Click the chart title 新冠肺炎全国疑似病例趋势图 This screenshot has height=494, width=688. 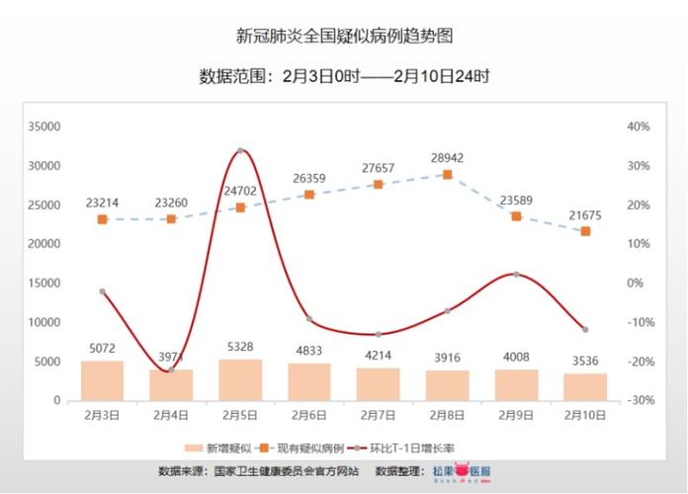pyautogui.click(x=344, y=37)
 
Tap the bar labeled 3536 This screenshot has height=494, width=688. pyautogui.click(x=585, y=386)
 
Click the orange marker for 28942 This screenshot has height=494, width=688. pyautogui.click(x=448, y=175)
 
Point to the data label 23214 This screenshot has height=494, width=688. pyautogui.click(x=102, y=204)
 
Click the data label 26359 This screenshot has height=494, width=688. pyautogui.click(x=309, y=179)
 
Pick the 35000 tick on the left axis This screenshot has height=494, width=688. pyautogui.click(x=45, y=126)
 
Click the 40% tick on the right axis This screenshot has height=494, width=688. pyautogui.click(x=637, y=126)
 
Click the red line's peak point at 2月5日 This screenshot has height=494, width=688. pyautogui.click(x=240, y=150)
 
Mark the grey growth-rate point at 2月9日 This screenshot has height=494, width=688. pyautogui.click(x=516, y=274)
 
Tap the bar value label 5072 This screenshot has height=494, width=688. pyautogui.click(x=102, y=349)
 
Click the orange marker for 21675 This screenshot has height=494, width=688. pyautogui.click(x=585, y=231)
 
